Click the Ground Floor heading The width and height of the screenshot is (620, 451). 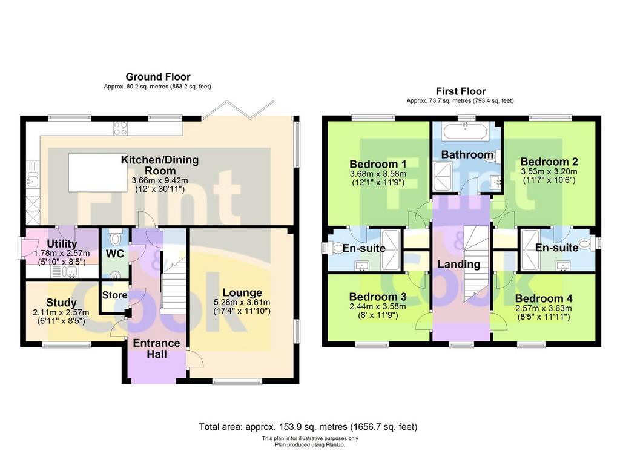click(158, 77)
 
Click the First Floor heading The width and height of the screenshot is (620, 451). click(461, 91)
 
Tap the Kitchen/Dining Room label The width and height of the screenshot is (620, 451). click(160, 165)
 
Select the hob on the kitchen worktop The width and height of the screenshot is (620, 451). click(120, 128)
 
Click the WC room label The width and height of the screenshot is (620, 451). click(115, 254)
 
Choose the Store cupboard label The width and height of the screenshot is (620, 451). click(114, 295)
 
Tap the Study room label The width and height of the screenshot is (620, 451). click(61, 303)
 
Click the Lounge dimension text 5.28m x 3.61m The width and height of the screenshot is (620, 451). click(242, 302)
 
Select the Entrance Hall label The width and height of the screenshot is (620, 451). click(157, 349)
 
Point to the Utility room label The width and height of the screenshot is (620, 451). click(62, 243)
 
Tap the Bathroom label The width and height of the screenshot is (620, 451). click(467, 154)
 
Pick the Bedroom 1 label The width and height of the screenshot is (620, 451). click(378, 163)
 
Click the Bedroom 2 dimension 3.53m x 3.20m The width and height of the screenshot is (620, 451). click(549, 171)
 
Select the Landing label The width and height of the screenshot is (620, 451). click(459, 264)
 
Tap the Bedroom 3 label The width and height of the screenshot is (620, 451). click(378, 297)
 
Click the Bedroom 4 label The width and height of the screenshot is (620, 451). click(544, 298)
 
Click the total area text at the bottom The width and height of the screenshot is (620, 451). click(308, 427)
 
